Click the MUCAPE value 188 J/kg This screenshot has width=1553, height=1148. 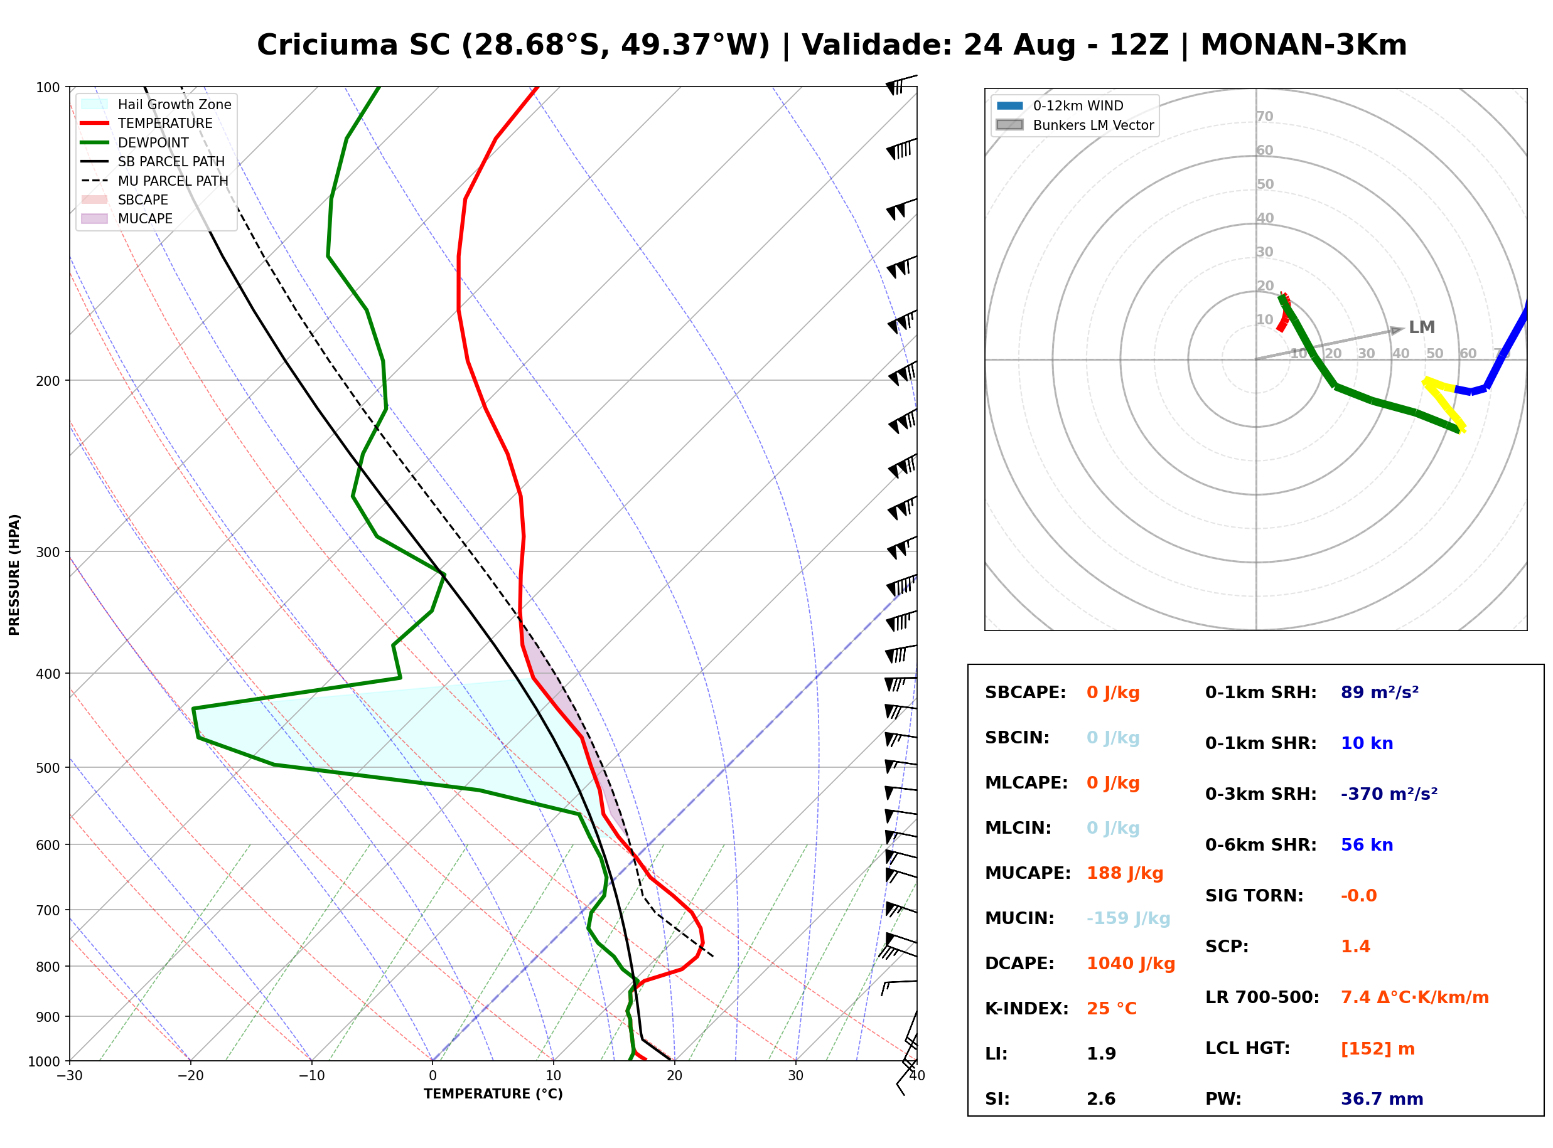click(x=1125, y=873)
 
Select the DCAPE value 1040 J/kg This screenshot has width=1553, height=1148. click(x=1131, y=963)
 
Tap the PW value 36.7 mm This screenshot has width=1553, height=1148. click(x=1382, y=1098)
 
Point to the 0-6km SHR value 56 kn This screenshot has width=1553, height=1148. click(x=1367, y=844)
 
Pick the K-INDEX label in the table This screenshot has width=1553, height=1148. click(x=1027, y=1008)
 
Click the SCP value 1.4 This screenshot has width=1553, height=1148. click(x=1355, y=947)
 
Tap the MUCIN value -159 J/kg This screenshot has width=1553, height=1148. click(x=1128, y=918)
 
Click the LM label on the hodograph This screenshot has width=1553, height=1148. click(x=1422, y=327)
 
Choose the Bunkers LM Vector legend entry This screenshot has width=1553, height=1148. click(x=1075, y=125)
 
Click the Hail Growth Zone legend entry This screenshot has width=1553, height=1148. click(x=156, y=104)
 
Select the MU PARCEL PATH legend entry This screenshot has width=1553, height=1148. click(x=155, y=181)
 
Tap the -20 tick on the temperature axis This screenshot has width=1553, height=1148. click(x=190, y=1076)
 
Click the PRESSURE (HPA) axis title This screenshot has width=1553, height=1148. click(x=14, y=574)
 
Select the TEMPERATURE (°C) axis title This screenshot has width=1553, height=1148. click(x=493, y=1094)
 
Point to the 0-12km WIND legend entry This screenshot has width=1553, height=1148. click(x=1060, y=105)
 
